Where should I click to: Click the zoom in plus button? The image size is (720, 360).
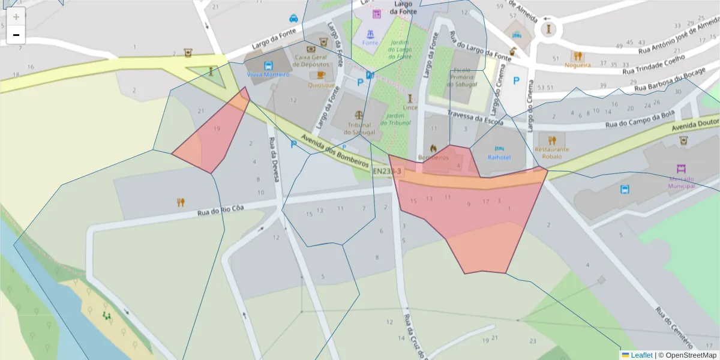tap(16, 17)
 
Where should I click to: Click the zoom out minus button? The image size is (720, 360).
tap(16, 35)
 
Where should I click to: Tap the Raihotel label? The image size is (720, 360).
tap(499, 157)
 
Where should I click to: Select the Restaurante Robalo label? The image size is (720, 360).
tap(552, 152)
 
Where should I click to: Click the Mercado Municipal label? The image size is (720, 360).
tap(680, 182)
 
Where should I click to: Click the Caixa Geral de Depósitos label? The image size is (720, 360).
tap(311, 60)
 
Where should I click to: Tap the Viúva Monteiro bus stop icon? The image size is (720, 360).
tap(268, 65)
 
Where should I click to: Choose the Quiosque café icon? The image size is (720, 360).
tap(321, 75)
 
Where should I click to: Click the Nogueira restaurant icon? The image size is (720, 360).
tap(577, 56)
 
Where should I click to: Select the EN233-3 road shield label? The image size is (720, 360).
tap(387, 172)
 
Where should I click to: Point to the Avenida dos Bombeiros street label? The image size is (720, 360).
tap(334, 151)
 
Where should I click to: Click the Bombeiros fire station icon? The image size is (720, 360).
tap(433, 148)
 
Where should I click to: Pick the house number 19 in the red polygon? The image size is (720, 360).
tap(217, 128)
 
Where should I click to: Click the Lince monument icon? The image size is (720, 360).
tap(410, 98)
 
